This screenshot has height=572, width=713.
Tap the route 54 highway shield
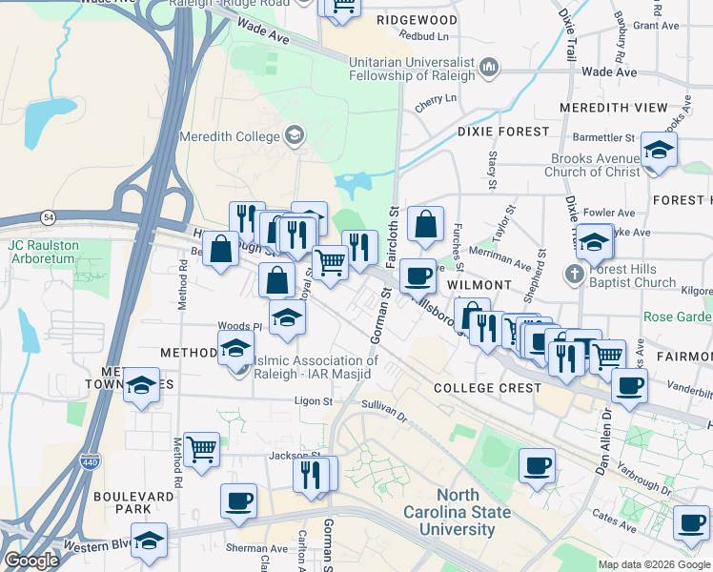tap(48, 216)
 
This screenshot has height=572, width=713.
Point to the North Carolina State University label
tap(474, 512)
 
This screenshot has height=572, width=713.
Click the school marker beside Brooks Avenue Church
tap(659, 151)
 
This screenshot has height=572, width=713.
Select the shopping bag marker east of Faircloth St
tap(426, 224)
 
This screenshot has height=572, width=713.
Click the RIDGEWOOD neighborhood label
tap(417, 19)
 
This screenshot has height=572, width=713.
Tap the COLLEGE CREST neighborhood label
tap(487, 388)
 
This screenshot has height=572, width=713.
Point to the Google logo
tap(31, 561)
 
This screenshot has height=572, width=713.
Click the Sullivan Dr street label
tap(384, 418)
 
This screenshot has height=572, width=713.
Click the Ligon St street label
tap(313, 401)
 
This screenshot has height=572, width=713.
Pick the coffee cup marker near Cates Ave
tap(691, 521)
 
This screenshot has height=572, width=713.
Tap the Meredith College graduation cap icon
tap(295, 136)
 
